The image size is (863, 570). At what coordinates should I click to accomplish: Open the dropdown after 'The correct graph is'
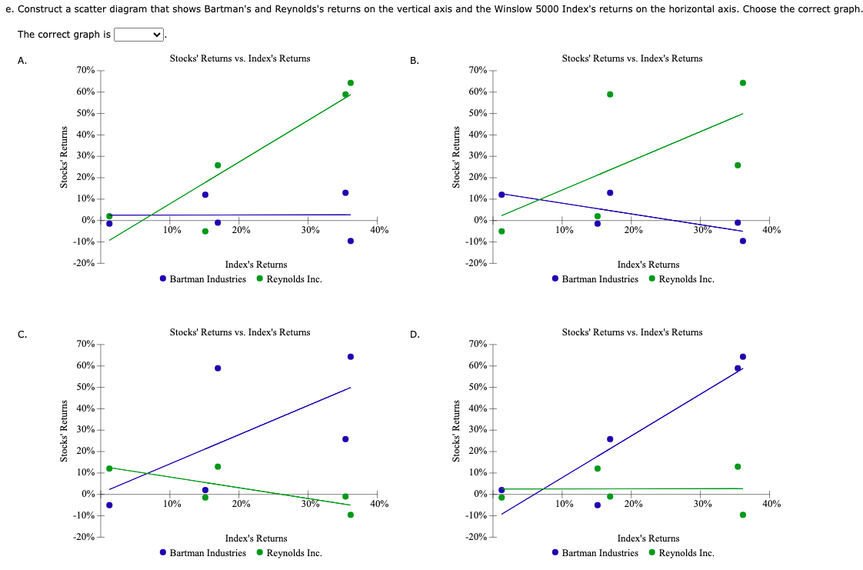(x=139, y=35)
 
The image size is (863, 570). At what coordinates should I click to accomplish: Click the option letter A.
(x=22, y=61)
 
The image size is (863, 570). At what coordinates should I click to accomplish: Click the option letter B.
(x=415, y=61)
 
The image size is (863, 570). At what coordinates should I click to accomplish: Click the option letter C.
(x=22, y=335)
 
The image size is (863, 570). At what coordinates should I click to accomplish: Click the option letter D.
(x=415, y=335)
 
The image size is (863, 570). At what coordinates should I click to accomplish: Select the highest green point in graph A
(x=350, y=82)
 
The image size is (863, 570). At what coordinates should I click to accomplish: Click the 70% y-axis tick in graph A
(x=85, y=70)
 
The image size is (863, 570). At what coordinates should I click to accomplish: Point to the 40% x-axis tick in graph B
(x=771, y=230)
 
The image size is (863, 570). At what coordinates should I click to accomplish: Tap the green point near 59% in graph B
(x=610, y=95)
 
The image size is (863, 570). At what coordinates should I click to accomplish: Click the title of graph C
(x=240, y=332)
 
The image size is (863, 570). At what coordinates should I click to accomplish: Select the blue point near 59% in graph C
(x=218, y=368)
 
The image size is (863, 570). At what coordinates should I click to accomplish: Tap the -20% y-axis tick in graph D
(x=476, y=537)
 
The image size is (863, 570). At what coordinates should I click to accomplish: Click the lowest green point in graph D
(x=742, y=515)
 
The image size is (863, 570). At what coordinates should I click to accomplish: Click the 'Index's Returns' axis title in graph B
(x=648, y=265)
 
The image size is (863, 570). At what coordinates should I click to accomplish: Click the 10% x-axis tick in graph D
(x=564, y=504)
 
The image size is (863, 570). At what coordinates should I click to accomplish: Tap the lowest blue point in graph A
(x=350, y=241)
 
